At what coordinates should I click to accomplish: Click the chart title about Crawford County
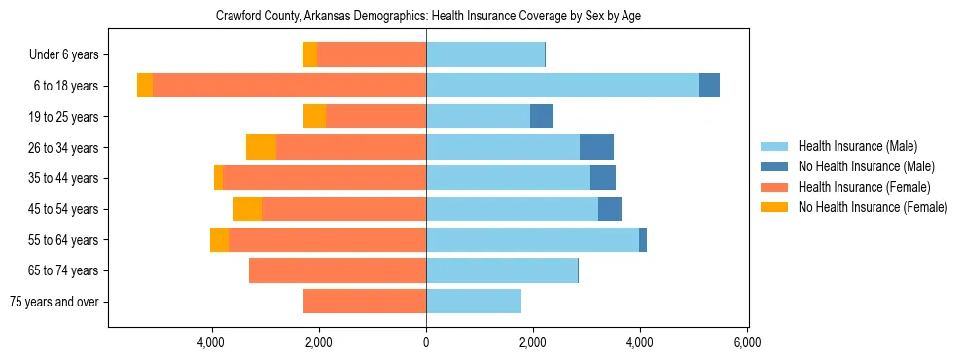428,16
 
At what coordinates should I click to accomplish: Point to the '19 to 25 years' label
64,117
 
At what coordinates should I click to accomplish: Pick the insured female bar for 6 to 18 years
289,86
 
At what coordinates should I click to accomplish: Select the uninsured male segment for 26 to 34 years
596,147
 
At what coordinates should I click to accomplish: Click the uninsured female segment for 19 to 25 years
314,117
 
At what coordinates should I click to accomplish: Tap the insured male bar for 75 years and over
474,302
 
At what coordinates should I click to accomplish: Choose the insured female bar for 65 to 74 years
338,270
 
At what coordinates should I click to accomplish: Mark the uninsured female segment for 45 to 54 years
247,209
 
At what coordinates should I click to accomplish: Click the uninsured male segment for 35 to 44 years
603,178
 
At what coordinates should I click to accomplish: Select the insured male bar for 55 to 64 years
532,239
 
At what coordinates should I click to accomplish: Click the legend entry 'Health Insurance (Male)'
857,147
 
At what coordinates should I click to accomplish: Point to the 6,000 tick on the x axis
747,342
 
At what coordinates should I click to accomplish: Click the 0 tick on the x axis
426,342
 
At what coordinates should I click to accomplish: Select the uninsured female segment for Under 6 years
309,55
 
